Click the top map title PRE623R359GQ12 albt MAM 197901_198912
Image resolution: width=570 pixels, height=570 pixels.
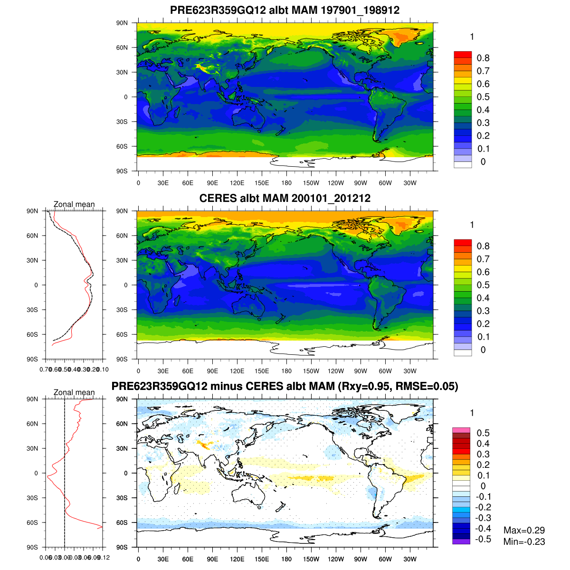(x=285, y=10)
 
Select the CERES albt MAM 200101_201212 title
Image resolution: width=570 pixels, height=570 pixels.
(x=285, y=199)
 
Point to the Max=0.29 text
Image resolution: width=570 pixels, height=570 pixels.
(x=524, y=531)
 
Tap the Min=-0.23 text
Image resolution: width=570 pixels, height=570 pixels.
(x=524, y=542)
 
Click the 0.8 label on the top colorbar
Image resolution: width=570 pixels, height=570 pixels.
(x=483, y=58)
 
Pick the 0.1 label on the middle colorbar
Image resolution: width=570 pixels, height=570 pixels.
(x=483, y=337)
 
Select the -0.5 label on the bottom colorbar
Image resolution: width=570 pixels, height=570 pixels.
(x=483, y=539)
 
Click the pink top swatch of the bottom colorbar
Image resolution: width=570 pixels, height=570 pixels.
(x=461, y=430)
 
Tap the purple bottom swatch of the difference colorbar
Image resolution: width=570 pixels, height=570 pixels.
(x=461, y=541)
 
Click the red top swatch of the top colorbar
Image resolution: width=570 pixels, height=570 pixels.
(x=463, y=55)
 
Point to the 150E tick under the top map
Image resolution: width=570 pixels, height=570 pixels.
(x=262, y=183)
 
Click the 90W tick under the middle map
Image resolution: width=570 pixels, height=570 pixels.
(x=361, y=371)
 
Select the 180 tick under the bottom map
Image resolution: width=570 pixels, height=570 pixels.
(x=286, y=560)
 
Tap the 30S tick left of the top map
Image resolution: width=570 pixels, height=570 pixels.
(x=122, y=122)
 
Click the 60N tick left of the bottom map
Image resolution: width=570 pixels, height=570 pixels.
(x=122, y=424)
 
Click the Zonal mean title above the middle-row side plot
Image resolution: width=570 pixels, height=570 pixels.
(x=74, y=204)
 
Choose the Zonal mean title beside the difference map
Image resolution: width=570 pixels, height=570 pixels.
(x=74, y=392)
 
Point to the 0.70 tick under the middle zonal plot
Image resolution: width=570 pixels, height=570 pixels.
(x=46, y=370)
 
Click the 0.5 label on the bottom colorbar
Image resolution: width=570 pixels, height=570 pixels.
(x=483, y=433)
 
